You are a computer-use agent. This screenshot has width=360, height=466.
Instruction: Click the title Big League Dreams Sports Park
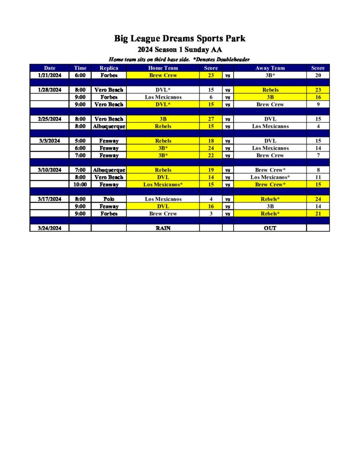[x=180, y=39]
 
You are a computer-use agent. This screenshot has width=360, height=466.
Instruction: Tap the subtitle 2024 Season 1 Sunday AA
[x=180, y=50]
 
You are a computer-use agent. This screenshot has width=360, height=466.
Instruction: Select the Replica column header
[x=109, y=68]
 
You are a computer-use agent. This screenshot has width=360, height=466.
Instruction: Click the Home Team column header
[x=163, y=68]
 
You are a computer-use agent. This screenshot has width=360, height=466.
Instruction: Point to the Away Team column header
[x=270, y=68]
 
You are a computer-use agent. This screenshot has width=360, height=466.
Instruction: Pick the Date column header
[x=50, y=68]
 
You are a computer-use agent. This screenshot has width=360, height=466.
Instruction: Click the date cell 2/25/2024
[x=50, y=119]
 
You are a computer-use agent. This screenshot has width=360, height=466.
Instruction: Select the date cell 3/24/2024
[x=50, y=228]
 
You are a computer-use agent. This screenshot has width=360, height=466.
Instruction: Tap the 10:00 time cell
[x=80, y=184]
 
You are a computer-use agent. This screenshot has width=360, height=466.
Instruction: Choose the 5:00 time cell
[x=80, y=141]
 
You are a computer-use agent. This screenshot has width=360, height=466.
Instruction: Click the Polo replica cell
[x=109, y=199]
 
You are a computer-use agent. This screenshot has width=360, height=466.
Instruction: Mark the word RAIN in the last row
[x=163, y=228]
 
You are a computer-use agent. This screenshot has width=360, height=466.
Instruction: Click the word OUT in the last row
[x=270, y=228]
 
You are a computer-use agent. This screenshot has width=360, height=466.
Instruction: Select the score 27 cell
[x=211, y=119]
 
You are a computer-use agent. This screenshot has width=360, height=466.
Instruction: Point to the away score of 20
[x=318, y=75]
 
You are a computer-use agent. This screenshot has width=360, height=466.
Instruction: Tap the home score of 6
[x=211, y=97]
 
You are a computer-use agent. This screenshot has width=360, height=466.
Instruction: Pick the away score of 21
[x=318, y=213]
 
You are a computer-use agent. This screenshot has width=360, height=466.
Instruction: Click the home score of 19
[x=211, y=170]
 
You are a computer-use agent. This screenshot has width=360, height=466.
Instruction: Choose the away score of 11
[x=318, y=177]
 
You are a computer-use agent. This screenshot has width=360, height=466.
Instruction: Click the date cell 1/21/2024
[x=50, y=75]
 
